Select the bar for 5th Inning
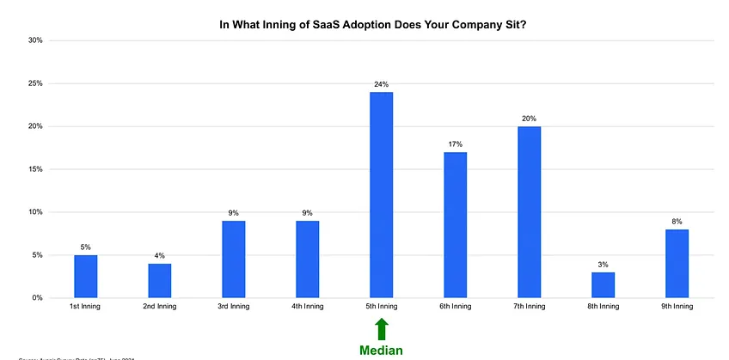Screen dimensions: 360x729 [381, 195]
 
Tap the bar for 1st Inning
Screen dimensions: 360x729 [85, 276]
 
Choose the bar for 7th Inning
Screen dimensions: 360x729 [529, 212]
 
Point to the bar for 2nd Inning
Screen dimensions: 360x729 [159, 280]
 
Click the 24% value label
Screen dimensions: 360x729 [381, 84]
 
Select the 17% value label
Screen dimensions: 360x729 [455, 144]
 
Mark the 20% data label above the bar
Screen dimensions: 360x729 [529, 119]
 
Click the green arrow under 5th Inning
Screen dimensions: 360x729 [382, 329]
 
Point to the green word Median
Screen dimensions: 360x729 [381, 350]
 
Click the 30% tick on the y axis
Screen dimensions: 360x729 [35, 40]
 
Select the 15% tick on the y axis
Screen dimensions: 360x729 [35, 169]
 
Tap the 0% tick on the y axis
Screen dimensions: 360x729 [37, 298]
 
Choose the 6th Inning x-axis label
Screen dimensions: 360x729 [455, 307]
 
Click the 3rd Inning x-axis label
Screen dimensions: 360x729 [233, 307]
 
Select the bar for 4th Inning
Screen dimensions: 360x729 [307, 259]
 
